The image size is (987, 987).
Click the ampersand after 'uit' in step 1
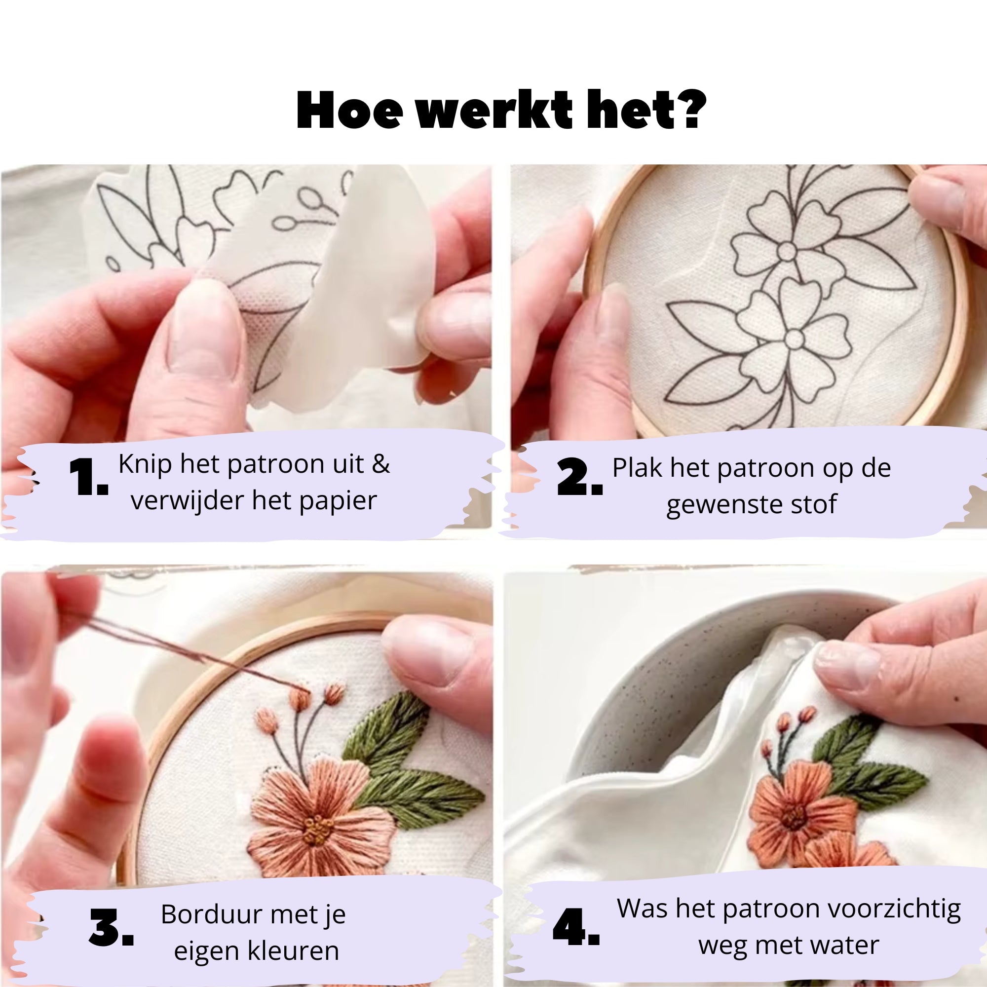[380, 464]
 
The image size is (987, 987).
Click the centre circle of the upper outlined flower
[787, 251]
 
